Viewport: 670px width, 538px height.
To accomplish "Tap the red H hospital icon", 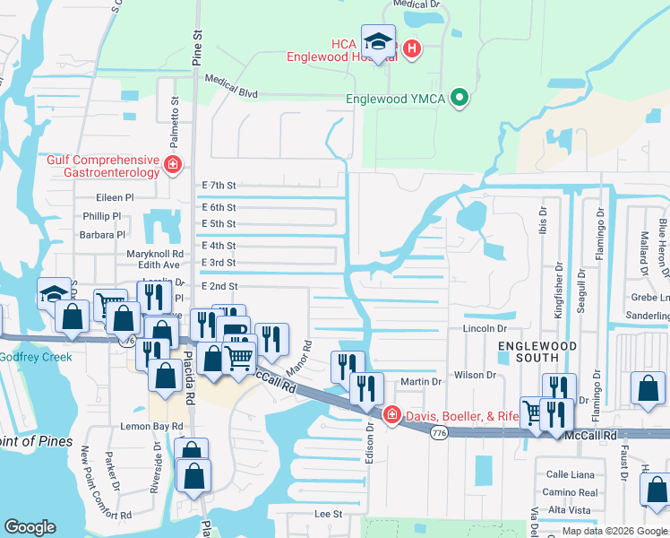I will (411, 48).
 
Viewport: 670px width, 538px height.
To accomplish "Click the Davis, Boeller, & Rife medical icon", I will (391, 414).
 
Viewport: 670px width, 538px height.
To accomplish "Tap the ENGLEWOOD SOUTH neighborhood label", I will (536, 351).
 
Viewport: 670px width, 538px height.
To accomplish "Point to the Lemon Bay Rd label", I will (122, 401).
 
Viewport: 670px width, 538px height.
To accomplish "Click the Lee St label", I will (329, 514).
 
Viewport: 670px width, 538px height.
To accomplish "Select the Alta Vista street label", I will (568, 509).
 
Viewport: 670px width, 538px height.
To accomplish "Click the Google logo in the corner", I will (30, 527).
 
